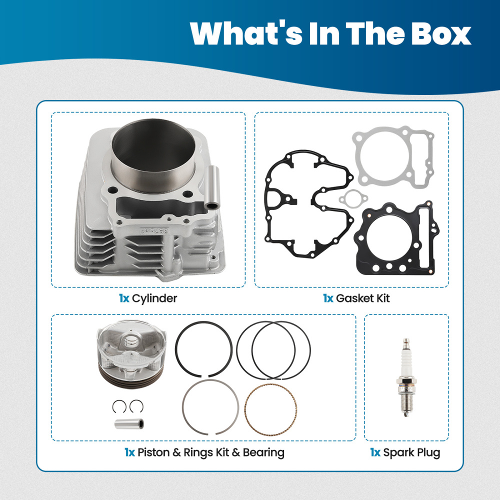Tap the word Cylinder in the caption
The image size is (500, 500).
(154, 298)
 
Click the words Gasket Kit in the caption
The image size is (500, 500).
(363, 298)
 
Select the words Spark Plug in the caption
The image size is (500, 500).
(412, 453)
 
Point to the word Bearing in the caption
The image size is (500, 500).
(263, 453)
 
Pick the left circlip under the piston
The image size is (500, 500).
(118, 405)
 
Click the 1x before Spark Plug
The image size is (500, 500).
(375, 453)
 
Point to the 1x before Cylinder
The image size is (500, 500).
(124, 298)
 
